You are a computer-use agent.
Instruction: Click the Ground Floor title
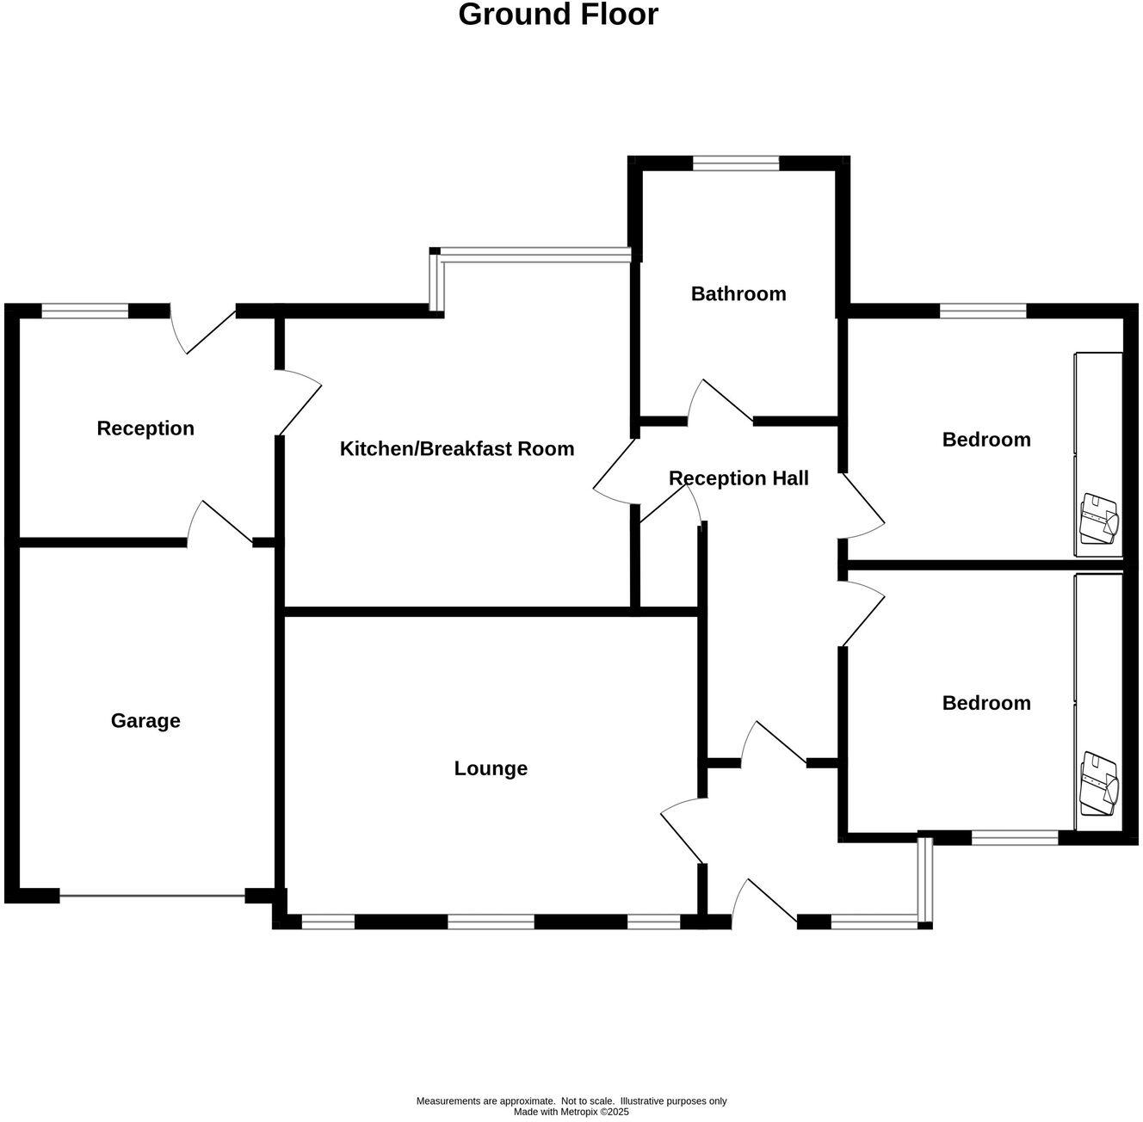coord(558,15)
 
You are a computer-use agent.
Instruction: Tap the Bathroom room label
coord(738,294)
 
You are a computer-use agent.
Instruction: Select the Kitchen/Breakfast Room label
coord(457,449)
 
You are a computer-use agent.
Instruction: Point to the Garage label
coord(145,721)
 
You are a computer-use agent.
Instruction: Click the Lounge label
coord(491,768)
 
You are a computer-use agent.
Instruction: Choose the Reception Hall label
coord(738,478)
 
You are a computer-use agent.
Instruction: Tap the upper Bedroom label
coord(986,440)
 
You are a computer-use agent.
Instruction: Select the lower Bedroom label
coord(986,703)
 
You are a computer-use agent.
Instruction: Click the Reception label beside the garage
coord(145,428)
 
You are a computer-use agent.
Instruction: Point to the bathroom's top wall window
coord(736,162)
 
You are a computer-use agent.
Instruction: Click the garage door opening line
coord(152,897)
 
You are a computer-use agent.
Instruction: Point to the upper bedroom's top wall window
coord(983,311)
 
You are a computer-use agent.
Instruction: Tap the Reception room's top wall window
coord(84,311)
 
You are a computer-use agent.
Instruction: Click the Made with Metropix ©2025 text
coord(571,1112)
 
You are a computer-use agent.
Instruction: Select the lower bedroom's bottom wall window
coord(1015,837)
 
